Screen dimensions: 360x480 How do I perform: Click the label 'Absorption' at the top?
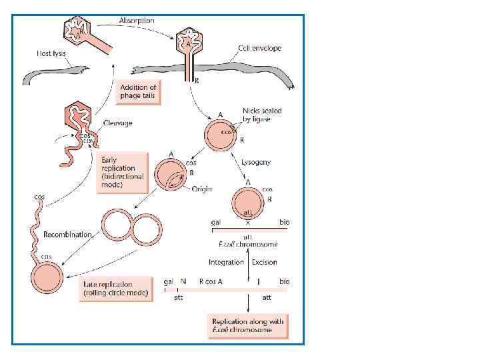point(137,21)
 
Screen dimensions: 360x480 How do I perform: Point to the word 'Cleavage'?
point(117,123)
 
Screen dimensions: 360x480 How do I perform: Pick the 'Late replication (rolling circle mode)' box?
point(117,288)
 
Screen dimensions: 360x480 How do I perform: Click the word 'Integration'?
point(226,262)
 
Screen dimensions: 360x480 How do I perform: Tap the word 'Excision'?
point(265,262)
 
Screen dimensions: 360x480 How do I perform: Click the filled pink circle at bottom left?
point(47,278)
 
